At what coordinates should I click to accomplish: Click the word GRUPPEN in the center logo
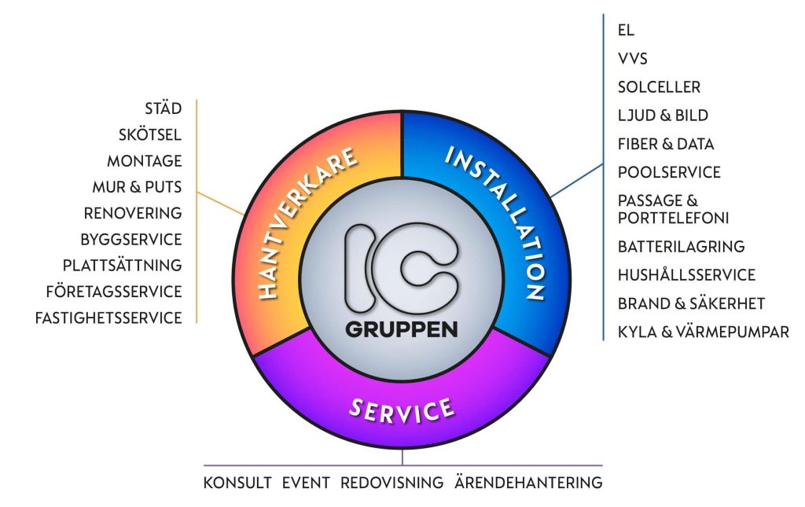click(x=402, y=329)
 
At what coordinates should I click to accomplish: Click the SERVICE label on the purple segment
click(x=402, y=410)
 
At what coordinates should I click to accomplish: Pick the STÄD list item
click(x=164, y=108)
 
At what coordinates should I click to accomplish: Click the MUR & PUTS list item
click(x=137, y=187)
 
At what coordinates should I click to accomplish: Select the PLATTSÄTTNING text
click(x=122, y=266)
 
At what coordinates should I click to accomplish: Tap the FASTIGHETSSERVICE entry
click(x=108, y=318)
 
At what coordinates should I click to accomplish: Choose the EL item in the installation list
click(x=626, y=31)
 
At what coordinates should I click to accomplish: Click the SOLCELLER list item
click(x=660, y=87)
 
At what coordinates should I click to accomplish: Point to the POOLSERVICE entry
click(x=670, y=172)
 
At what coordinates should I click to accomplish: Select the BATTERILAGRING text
click(x=682, y=247)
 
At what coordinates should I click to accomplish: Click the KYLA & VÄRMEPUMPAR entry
click(x=704, y=332)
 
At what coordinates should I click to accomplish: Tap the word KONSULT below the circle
click(x=237, y=483)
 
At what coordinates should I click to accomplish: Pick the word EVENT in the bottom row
click(x=306, y=483)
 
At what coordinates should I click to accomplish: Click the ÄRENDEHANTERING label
click(x=528, y=483)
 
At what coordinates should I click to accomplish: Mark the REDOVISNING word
click(x=391, y=483)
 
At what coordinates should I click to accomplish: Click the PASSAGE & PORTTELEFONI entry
click(x=673, y=209)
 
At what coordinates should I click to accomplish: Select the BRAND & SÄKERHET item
click(x=691, y=303)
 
